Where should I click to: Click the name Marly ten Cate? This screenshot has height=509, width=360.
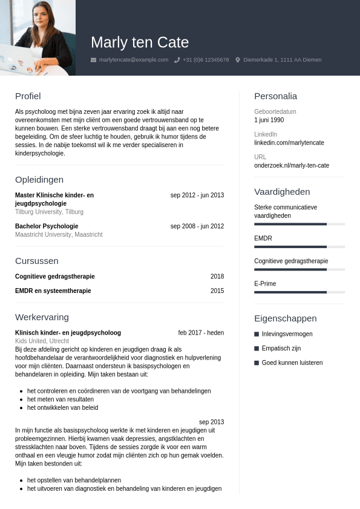tap(140, 42)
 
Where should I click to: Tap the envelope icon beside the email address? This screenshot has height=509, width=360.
tap(93, 60)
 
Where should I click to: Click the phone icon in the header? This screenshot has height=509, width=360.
tap(177, 60)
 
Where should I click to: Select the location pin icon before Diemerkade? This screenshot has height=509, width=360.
tap(238, 60)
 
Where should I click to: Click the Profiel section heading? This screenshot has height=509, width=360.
tap(28, 96)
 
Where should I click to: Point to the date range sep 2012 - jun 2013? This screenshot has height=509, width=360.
tap(197, 195)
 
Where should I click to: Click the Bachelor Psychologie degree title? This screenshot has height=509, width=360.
tap(47, 226)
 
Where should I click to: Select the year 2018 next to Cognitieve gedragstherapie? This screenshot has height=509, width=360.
tap(217, 277)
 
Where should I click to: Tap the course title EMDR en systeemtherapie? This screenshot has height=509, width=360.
tap(53, 291)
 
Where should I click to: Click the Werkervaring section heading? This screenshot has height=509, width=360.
tap(42, 317)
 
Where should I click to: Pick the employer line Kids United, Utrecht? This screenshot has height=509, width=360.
tap(42, 341)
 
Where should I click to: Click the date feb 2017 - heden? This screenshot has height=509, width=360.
tap(201, 333)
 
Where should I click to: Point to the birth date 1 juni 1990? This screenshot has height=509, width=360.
tap(269, 120)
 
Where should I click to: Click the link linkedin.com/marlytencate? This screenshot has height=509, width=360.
tap(289, 143)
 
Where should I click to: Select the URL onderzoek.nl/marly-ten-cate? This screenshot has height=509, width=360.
tap(292, 165)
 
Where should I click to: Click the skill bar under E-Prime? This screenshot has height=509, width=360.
tap(299, 292)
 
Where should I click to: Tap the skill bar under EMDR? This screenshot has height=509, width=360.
tap(299, 247)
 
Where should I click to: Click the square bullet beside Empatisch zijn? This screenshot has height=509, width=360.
tap(257, 349)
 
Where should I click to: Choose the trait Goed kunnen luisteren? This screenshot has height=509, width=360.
tap(292, 363)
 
